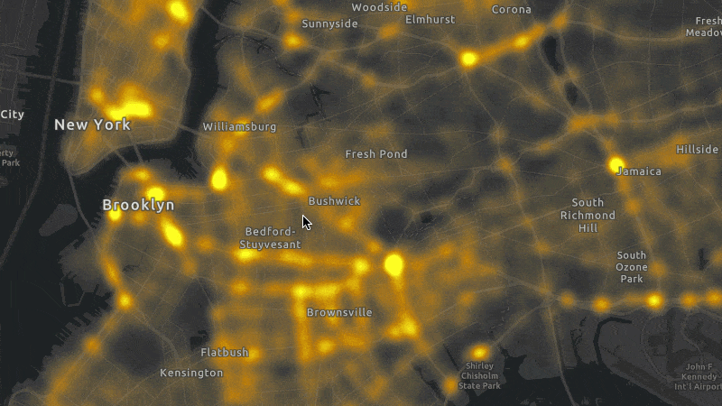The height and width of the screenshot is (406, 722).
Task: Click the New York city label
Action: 92,125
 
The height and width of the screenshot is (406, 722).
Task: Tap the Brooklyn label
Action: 138,206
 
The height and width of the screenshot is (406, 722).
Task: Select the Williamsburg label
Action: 240,127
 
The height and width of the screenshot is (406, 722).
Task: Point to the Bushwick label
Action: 334,201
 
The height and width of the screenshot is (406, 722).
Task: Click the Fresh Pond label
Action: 376,154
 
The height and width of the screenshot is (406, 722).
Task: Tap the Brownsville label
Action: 339,313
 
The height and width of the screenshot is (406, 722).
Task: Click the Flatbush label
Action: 224,353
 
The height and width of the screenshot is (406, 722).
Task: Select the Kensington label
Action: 190,373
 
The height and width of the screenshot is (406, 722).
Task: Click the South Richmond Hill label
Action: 588,216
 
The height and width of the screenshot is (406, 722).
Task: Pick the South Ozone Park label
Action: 632,268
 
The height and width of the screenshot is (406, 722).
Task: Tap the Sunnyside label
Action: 329,23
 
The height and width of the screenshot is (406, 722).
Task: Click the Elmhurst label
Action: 430,19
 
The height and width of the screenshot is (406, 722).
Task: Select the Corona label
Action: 511,10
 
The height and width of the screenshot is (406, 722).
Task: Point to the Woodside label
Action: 379,7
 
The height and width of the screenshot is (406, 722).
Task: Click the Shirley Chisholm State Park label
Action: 479,376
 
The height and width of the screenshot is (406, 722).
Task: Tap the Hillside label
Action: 697,149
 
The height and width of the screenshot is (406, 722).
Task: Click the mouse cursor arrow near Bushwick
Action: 307,222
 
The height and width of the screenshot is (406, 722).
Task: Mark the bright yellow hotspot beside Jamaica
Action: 617,164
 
